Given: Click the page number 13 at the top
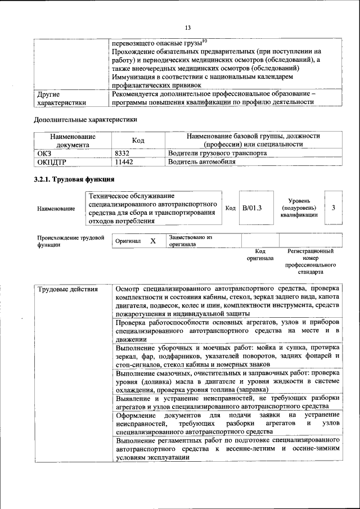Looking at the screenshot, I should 188,28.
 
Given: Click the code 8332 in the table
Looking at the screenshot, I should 122,153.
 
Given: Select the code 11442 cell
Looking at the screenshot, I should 124,161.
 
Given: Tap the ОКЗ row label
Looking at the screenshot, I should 44,153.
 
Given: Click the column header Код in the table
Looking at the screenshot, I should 138,140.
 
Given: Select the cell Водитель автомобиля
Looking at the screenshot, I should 202,161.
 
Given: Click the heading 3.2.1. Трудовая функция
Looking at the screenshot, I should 74,180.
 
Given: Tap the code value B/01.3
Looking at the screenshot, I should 252,208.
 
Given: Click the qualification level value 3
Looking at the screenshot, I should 334,208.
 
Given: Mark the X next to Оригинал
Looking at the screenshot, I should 152,241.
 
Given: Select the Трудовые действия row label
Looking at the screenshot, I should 67,290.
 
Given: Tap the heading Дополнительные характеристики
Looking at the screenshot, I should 85,120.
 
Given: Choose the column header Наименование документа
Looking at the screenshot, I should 73,140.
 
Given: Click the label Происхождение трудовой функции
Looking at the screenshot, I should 70,241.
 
